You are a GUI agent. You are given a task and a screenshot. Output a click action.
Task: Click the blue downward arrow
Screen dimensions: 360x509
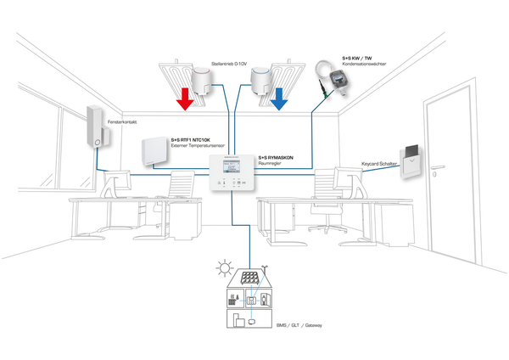click(x=279, y=103)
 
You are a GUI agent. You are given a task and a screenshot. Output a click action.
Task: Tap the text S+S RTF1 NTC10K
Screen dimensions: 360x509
click(x=189, y=138)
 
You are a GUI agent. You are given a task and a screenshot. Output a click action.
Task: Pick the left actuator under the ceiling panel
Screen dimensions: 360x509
click(x=203, y=79)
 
